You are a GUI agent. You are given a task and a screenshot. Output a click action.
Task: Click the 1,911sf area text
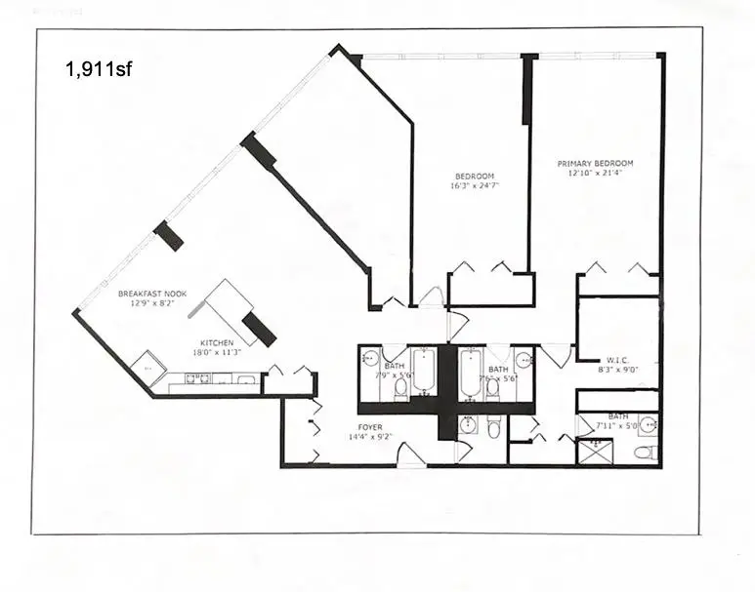click(98, 69)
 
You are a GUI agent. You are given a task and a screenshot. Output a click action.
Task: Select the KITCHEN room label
click(216, 343)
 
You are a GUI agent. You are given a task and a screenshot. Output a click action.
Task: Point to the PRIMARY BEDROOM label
click(595, 164)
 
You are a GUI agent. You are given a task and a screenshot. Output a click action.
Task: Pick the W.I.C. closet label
click(617, 360)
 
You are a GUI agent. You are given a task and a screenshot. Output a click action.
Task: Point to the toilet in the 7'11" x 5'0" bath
click(645, 453)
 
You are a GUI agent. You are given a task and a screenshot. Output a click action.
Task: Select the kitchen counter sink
click(246, 379)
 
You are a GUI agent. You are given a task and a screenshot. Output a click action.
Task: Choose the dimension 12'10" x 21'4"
click(595, 174)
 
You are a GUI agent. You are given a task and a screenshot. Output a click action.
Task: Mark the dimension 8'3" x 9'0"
click(617, 371)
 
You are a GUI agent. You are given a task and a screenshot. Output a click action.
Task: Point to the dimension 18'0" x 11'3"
click(216, 354)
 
